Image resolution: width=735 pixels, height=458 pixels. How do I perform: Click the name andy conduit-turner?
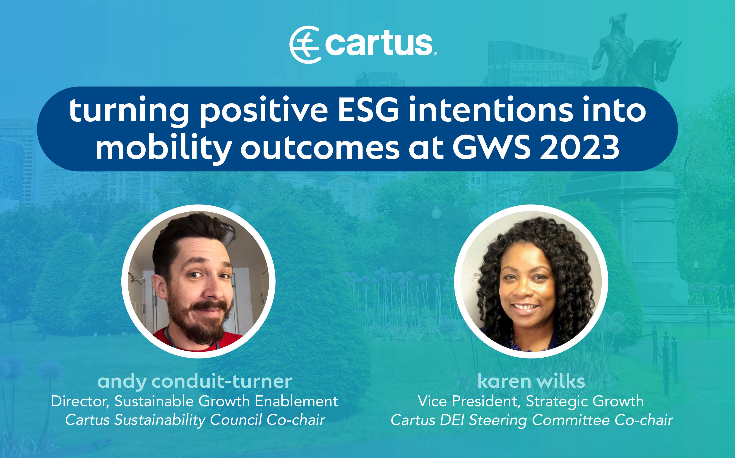[x=194, y=382]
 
